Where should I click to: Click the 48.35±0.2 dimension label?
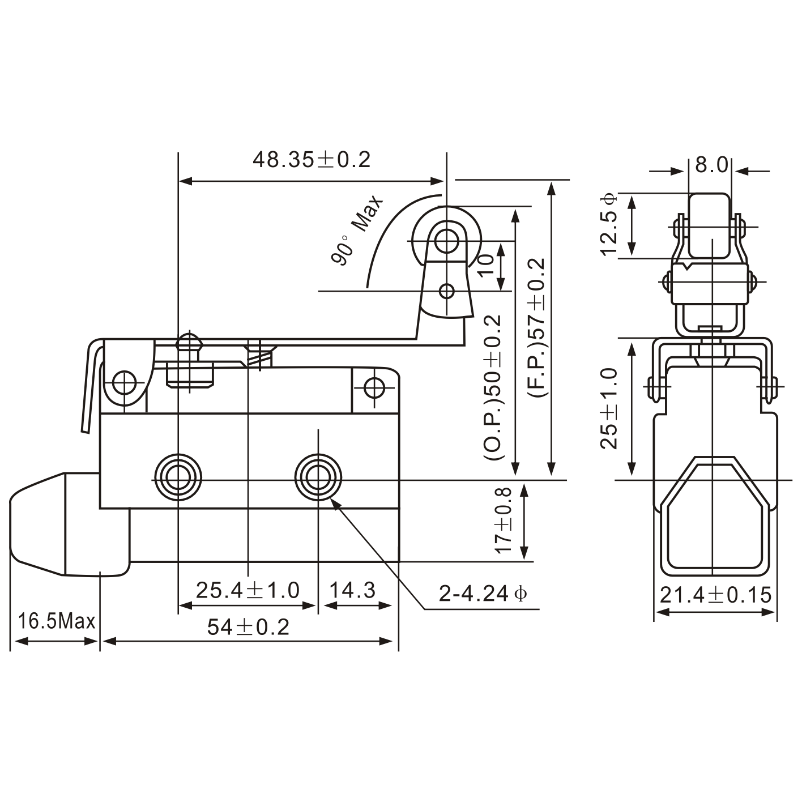pos(311,160)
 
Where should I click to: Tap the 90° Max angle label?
pos(357,231)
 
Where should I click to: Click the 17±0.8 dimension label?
pos(503,521)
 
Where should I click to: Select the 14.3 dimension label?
pos(352,590)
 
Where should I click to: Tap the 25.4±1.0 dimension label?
pos(248,590)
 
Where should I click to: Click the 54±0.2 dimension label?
pos(248,626)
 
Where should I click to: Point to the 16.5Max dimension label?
pos(56,621)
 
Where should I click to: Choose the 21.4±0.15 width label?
pos(715,595)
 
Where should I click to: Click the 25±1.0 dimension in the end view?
pos(609,408)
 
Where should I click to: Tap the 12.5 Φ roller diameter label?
pos(609,225)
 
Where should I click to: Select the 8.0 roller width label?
pos(711,165)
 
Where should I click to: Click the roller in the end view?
pos(710,225)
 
